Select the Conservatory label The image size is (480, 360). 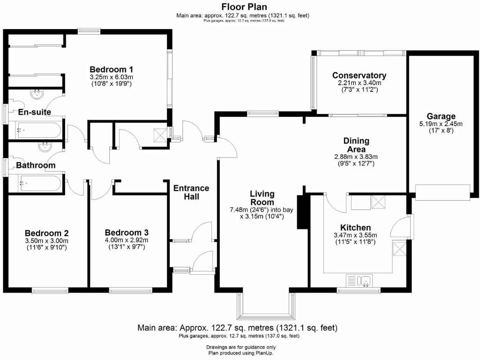[359, 75]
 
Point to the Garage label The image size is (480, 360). [441, 116]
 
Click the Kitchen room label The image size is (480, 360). [355, 227]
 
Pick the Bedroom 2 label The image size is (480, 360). [47, 233]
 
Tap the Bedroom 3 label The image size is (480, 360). [127, 232]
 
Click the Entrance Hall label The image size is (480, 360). [191, 192]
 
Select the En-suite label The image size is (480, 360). [34, 112]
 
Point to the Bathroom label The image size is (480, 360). [36, 165]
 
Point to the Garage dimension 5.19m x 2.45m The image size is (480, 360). [441, 124]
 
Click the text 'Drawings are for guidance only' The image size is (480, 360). [240, 347]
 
